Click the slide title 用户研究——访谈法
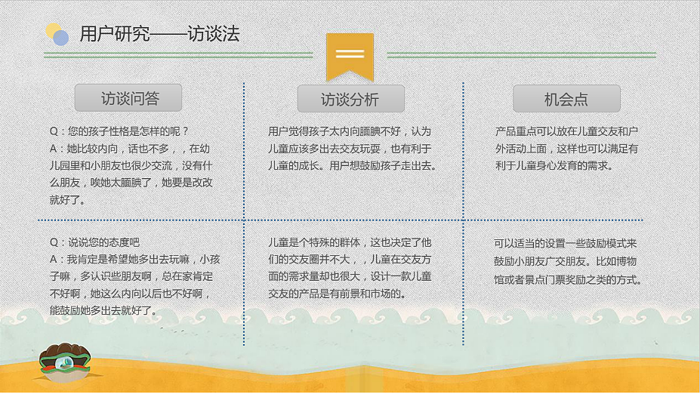(159, 34)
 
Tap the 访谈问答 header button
(128, 98)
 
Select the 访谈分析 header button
(350, 99)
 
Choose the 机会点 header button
(566, 99)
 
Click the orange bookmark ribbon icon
(350, 55)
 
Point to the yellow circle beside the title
(52, 30)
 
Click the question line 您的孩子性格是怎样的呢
(119, 131)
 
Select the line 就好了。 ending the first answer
(68, 200)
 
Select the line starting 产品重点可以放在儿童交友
(566, 131)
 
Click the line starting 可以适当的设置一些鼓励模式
(566, 243)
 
